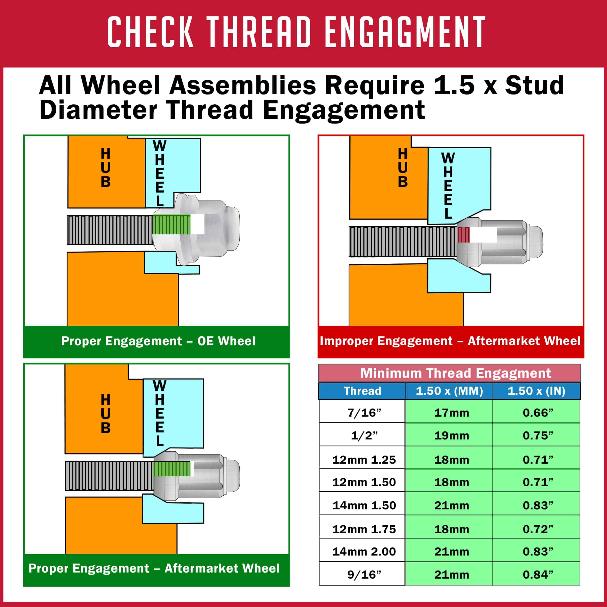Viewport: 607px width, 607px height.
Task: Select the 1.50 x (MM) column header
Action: click(449, 391)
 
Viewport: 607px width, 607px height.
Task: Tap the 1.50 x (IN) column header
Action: click(537, 391)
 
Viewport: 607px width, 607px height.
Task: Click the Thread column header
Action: click(362, 391)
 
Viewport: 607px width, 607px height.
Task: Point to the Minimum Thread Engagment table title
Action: click(455, 373)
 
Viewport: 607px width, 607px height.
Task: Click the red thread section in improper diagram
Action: click(464, 235)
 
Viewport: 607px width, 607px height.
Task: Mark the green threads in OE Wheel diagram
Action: click(172, 225)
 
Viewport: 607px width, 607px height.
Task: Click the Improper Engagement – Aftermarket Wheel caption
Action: click(450, 341)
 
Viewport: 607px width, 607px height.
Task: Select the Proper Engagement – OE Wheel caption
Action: click(158, 341)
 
